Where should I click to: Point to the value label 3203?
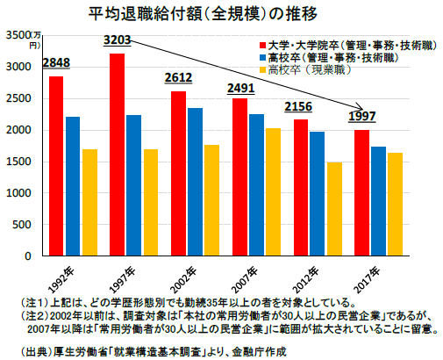tap(117, 40)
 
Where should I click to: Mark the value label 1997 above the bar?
tap(362, 117)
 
